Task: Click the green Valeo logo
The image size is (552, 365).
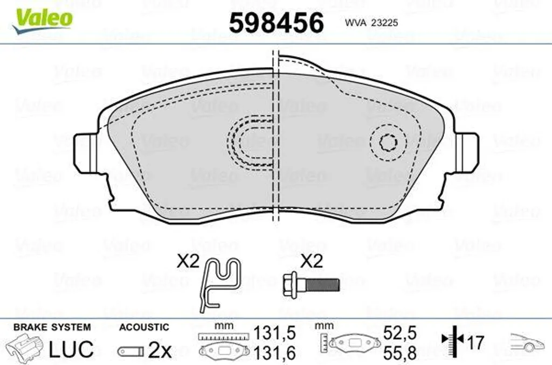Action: point(42,20)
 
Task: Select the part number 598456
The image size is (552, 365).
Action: point(277,23)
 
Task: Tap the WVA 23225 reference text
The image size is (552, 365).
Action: point(371,23)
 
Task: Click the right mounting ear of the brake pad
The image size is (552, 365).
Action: point(466,153)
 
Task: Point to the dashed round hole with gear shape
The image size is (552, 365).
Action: point(388,143)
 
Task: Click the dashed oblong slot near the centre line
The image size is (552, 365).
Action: point(251,143)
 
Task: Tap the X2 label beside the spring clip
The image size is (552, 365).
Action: point(188,262)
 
